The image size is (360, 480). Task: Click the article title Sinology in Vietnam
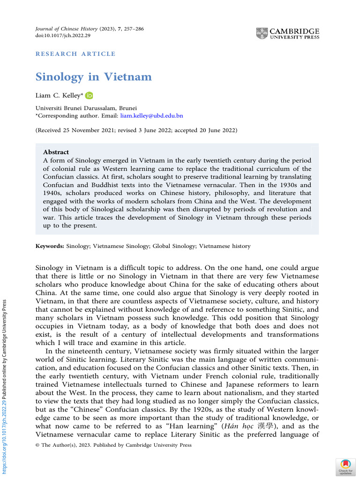pyautogui.click(x=94, y=77)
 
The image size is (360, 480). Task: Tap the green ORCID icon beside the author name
pyautogui.click(x=89, y=96)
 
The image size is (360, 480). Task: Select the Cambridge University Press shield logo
pyautogui.click(x=262, y=34)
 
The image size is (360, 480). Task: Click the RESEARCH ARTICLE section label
pyautogui.click(x=75, y=54)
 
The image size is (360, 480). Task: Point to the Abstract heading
pyautogui.click(x=56, y=152)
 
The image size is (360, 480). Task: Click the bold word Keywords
pyautogui.click(x=50, y=246)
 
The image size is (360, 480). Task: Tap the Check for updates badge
pyautogui.click(x=345, y=467)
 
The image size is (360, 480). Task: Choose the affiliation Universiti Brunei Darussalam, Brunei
pyautogui.click(x=86, y=108)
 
